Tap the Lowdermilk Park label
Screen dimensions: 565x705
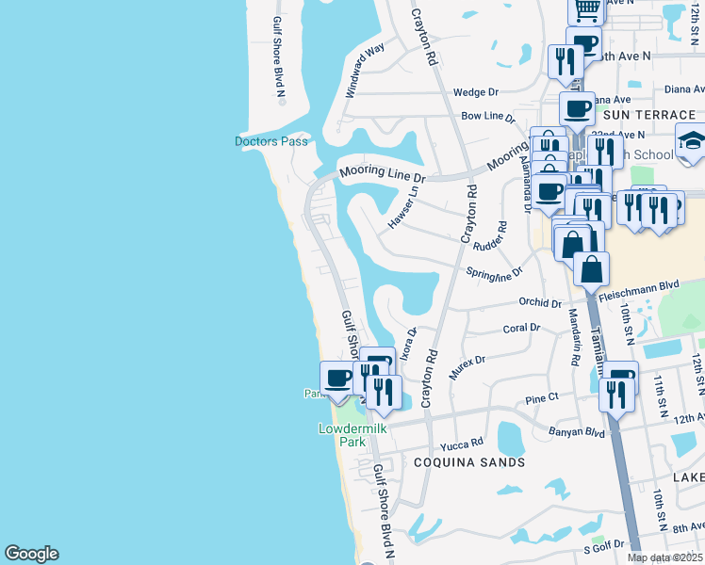click(x=340, y=435)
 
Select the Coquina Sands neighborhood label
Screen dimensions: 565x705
click(x=469, y=462)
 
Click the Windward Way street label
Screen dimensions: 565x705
click(x=365, y=71)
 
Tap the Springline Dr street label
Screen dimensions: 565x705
click(x=494, y=272)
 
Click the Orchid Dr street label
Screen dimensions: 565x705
click(x=540, y=303)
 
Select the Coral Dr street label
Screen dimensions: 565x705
click(x=521, y=328)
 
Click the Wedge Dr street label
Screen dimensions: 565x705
click(x=475, y=92)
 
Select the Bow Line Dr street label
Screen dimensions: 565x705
click(x=488, y=117)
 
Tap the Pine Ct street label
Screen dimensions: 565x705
click(x=542, y=399)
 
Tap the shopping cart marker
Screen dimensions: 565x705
click(x=586, y=8)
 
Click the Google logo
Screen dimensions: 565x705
click(x=31, y=554)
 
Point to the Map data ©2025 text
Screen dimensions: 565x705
click(x=664, y=557)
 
